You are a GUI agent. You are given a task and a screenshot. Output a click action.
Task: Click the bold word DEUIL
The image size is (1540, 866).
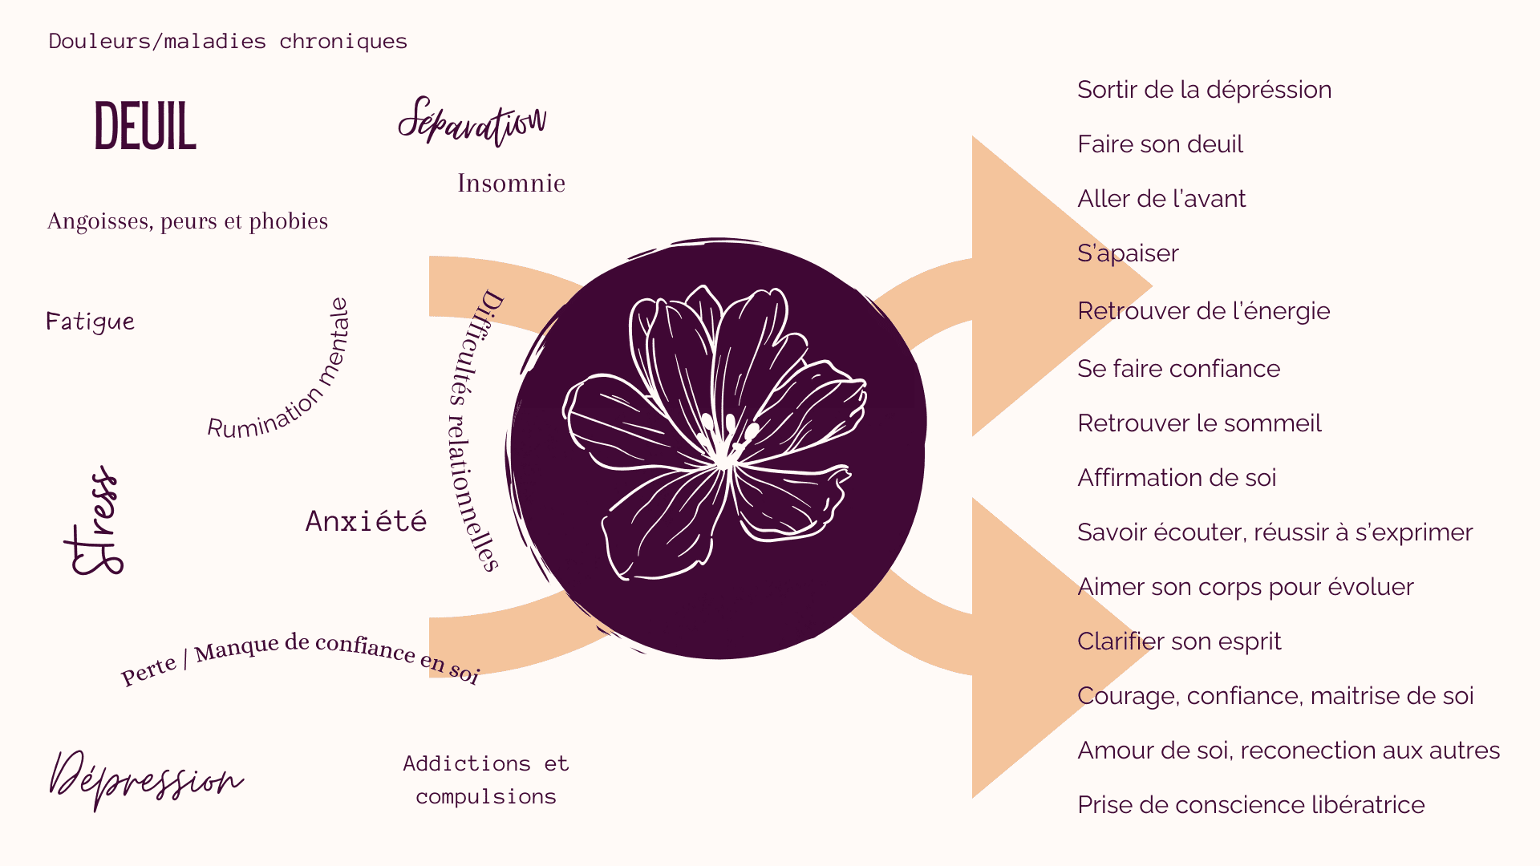pos(145,126)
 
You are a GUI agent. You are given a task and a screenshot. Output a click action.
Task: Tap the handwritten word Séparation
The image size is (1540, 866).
pos(472,122)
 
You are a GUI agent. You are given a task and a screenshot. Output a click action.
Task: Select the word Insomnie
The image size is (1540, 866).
pos(511,183)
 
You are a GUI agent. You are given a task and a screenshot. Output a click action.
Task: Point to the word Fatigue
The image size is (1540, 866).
pos(90,322)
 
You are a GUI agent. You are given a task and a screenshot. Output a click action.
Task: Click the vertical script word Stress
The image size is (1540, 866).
pos(94,520)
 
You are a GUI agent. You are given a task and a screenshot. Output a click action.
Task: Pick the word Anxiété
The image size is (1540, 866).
pos(366,520)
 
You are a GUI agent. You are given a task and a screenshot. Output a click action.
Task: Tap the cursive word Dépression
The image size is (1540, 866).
pos(146,779)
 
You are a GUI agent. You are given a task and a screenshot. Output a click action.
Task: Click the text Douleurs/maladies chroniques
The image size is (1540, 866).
pos(228,41)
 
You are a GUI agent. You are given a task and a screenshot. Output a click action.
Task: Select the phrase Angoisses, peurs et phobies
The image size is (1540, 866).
pos(188,221)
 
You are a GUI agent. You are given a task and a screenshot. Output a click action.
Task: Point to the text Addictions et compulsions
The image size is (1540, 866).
pos(486,779)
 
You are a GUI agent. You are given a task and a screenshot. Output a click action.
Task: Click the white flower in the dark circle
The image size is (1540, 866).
pos(714,433)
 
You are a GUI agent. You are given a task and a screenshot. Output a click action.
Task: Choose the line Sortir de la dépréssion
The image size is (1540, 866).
pos(1204,90)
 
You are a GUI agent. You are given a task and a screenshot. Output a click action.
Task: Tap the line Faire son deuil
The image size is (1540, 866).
pos(1160,144)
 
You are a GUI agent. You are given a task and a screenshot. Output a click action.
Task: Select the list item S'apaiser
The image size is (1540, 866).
pos(1128,253)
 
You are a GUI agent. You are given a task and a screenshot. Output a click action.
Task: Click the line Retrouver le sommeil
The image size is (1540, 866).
pos(1199,423)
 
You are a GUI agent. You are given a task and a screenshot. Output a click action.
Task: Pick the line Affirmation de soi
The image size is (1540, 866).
pos(1177,478)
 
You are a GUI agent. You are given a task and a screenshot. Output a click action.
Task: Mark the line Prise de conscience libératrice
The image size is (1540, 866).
pos(1251,805)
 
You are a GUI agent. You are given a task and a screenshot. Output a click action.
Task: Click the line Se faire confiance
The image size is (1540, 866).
pos(1178,369)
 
